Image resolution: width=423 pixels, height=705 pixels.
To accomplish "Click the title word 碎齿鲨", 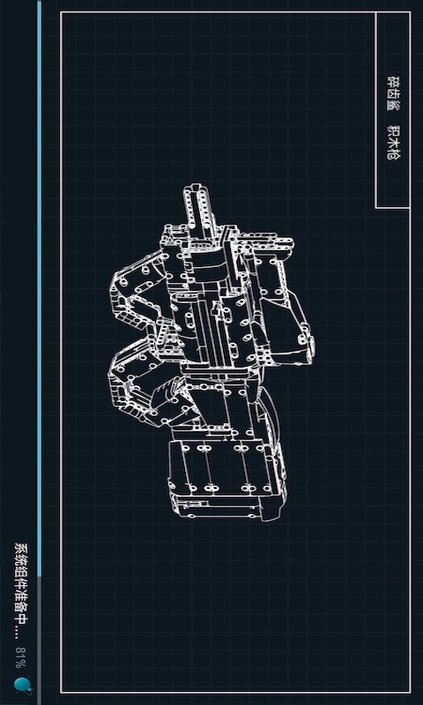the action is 393,93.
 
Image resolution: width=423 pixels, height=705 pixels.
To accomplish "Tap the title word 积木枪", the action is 393,142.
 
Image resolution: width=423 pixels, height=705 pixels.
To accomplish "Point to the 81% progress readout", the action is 21,657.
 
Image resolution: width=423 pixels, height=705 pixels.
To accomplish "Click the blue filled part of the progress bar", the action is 39,289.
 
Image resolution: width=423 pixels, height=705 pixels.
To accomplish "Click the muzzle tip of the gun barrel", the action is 196,185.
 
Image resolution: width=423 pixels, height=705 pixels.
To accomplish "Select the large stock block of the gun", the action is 227,479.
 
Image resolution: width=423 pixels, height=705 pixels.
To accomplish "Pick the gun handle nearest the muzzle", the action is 139,289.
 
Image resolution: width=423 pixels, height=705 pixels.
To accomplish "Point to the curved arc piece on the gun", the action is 270,413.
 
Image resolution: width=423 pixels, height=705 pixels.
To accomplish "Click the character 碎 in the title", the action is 393,81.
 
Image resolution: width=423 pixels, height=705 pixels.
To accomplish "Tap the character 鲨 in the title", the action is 393,105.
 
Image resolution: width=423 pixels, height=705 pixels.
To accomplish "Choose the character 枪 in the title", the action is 393,154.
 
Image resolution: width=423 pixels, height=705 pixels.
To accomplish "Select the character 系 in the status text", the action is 21,548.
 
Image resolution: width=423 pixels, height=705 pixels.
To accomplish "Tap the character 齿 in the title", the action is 393,93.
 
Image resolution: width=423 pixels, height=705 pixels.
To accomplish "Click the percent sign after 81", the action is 21,664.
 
